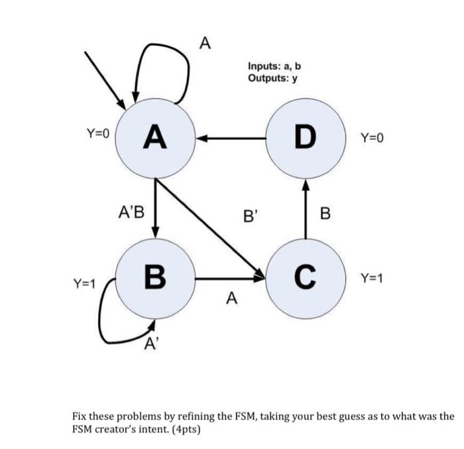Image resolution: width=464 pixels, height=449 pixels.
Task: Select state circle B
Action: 154,277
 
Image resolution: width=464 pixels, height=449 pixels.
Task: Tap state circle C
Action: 305,277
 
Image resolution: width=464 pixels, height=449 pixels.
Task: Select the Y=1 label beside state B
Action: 84,284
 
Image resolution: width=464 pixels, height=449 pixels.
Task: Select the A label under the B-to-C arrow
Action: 230,299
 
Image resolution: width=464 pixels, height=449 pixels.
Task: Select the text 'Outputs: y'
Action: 272,78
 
